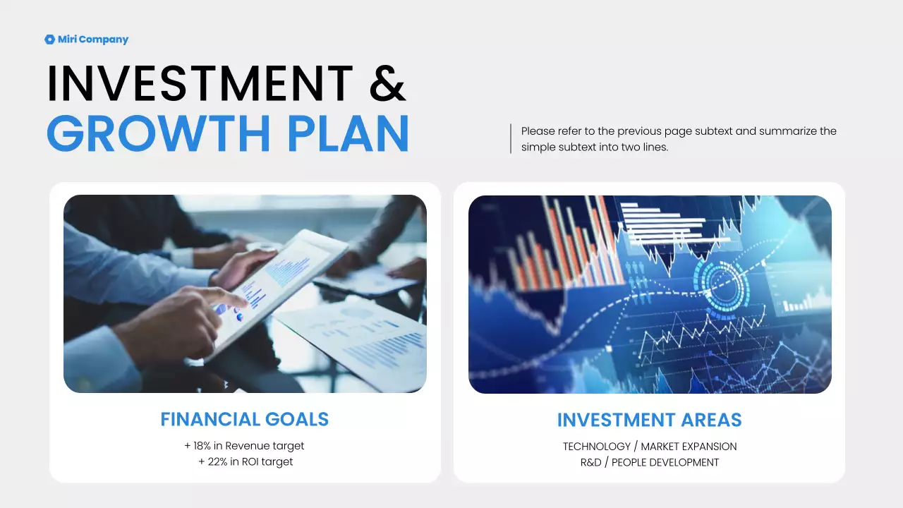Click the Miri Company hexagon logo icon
coord(49,40)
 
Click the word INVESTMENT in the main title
coord(200,83)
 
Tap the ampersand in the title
coord(387,83)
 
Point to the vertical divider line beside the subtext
coord(510,139)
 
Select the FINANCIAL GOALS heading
coord(244,419)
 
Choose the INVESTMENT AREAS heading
coord(649,421)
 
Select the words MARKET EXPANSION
coord(689,447)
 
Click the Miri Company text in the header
coord(93,40)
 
